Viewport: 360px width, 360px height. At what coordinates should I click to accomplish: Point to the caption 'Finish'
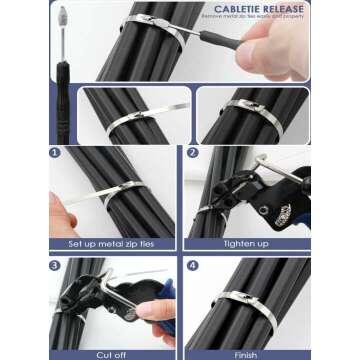coord(247,354)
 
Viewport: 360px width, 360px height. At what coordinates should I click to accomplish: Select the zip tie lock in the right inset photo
coord(240,106)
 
